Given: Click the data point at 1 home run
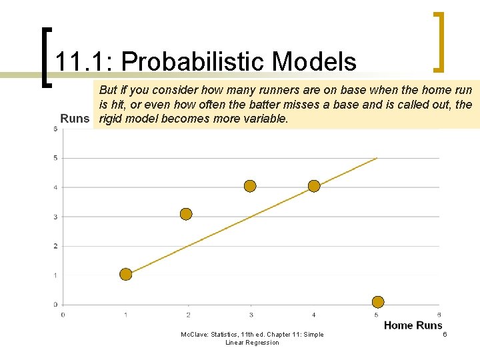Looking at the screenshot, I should point(125,274).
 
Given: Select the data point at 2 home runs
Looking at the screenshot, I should point(186,214).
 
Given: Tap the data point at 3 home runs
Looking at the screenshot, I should point(250,186).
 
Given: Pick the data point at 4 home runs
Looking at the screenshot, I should point(314,186).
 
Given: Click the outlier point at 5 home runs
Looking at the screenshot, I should point(378,302).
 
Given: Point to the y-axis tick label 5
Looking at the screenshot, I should point(55,158).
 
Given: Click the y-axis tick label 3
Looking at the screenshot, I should point(55,217).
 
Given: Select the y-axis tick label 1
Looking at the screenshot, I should point(55,275).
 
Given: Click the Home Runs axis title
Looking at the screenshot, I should point(413,325).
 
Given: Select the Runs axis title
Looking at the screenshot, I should point(75,119).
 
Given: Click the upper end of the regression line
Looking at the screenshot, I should point(377,158).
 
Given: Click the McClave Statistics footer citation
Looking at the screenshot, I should point(252,338).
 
